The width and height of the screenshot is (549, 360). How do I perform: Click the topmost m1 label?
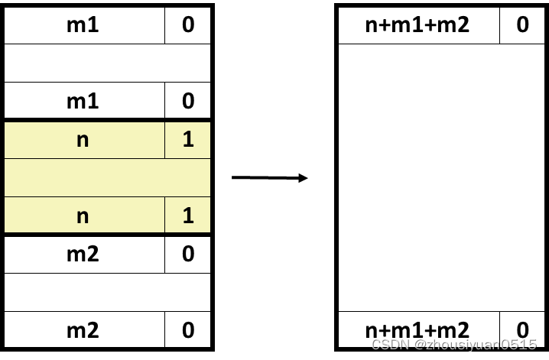83,25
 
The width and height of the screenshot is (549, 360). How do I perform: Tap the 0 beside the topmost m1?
188,25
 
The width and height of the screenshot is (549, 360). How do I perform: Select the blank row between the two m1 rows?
107,63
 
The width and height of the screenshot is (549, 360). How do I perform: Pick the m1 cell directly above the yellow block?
83,102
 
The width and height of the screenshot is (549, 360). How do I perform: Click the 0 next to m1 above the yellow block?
188,102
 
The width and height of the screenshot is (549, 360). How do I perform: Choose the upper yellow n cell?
83,140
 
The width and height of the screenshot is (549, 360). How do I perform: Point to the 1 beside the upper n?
188,140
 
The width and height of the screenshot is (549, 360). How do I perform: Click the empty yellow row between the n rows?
107,177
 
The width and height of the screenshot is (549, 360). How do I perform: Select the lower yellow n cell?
83,216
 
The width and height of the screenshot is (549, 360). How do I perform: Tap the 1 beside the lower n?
188,216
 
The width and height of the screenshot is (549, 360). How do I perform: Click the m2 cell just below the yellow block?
83,254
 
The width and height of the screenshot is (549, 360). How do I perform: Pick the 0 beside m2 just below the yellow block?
188,254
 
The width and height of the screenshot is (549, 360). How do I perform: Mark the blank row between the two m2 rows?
107,292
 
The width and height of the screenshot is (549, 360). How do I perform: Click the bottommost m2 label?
83,330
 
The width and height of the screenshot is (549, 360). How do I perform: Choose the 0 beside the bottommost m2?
188,330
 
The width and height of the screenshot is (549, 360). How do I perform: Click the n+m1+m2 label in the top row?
417,25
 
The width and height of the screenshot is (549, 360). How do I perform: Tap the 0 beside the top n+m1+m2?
522,25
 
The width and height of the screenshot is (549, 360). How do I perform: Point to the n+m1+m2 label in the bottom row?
417,330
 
